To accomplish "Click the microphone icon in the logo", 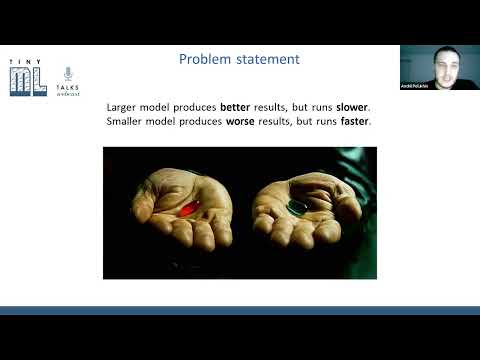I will click(x=68, y=75).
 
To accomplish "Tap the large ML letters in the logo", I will click(x=27, y=79).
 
